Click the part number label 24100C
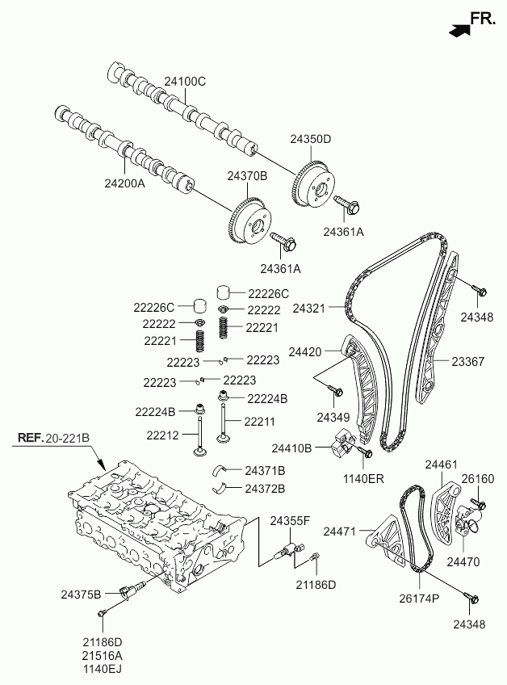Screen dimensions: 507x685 coord(185,82)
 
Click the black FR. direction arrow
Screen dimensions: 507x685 coord(459,29)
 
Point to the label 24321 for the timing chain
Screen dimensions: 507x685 coord(309,309)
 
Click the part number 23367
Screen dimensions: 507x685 coord(467,361)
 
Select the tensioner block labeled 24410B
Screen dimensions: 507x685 coord(342,442)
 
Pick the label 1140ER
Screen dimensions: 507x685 coord(363,479)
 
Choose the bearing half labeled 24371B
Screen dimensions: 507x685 coord(219,470)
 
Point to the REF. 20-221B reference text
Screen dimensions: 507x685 coord(54,437)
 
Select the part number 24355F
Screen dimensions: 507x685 coord(290,521)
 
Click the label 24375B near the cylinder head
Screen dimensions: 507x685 coord(81,595)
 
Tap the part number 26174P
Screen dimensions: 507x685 coord(419,598)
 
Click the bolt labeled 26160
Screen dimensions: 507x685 coord(478,504)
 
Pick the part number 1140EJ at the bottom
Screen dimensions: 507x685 coord(103,669)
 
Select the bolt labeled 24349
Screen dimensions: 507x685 coord(336,390)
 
